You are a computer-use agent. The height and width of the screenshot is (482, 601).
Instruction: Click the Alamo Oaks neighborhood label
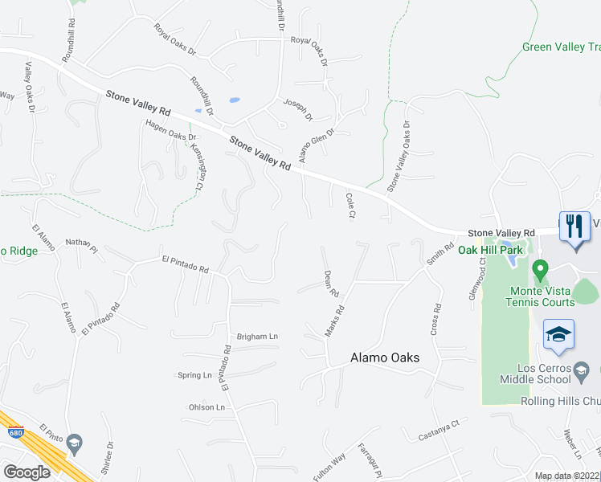coord(385,358)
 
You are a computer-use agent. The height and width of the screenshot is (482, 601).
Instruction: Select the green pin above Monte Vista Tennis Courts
coord(541,268)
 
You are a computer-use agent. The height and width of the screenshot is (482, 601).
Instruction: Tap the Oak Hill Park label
coord(490,250)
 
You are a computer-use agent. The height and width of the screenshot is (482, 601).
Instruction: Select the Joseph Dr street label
coord(296,108)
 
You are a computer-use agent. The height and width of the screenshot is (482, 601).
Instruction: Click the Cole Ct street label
coord(350,206)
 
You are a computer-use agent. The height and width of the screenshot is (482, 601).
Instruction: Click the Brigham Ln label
coord(256,337)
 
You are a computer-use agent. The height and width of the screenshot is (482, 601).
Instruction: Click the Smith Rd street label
coord(435,255)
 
